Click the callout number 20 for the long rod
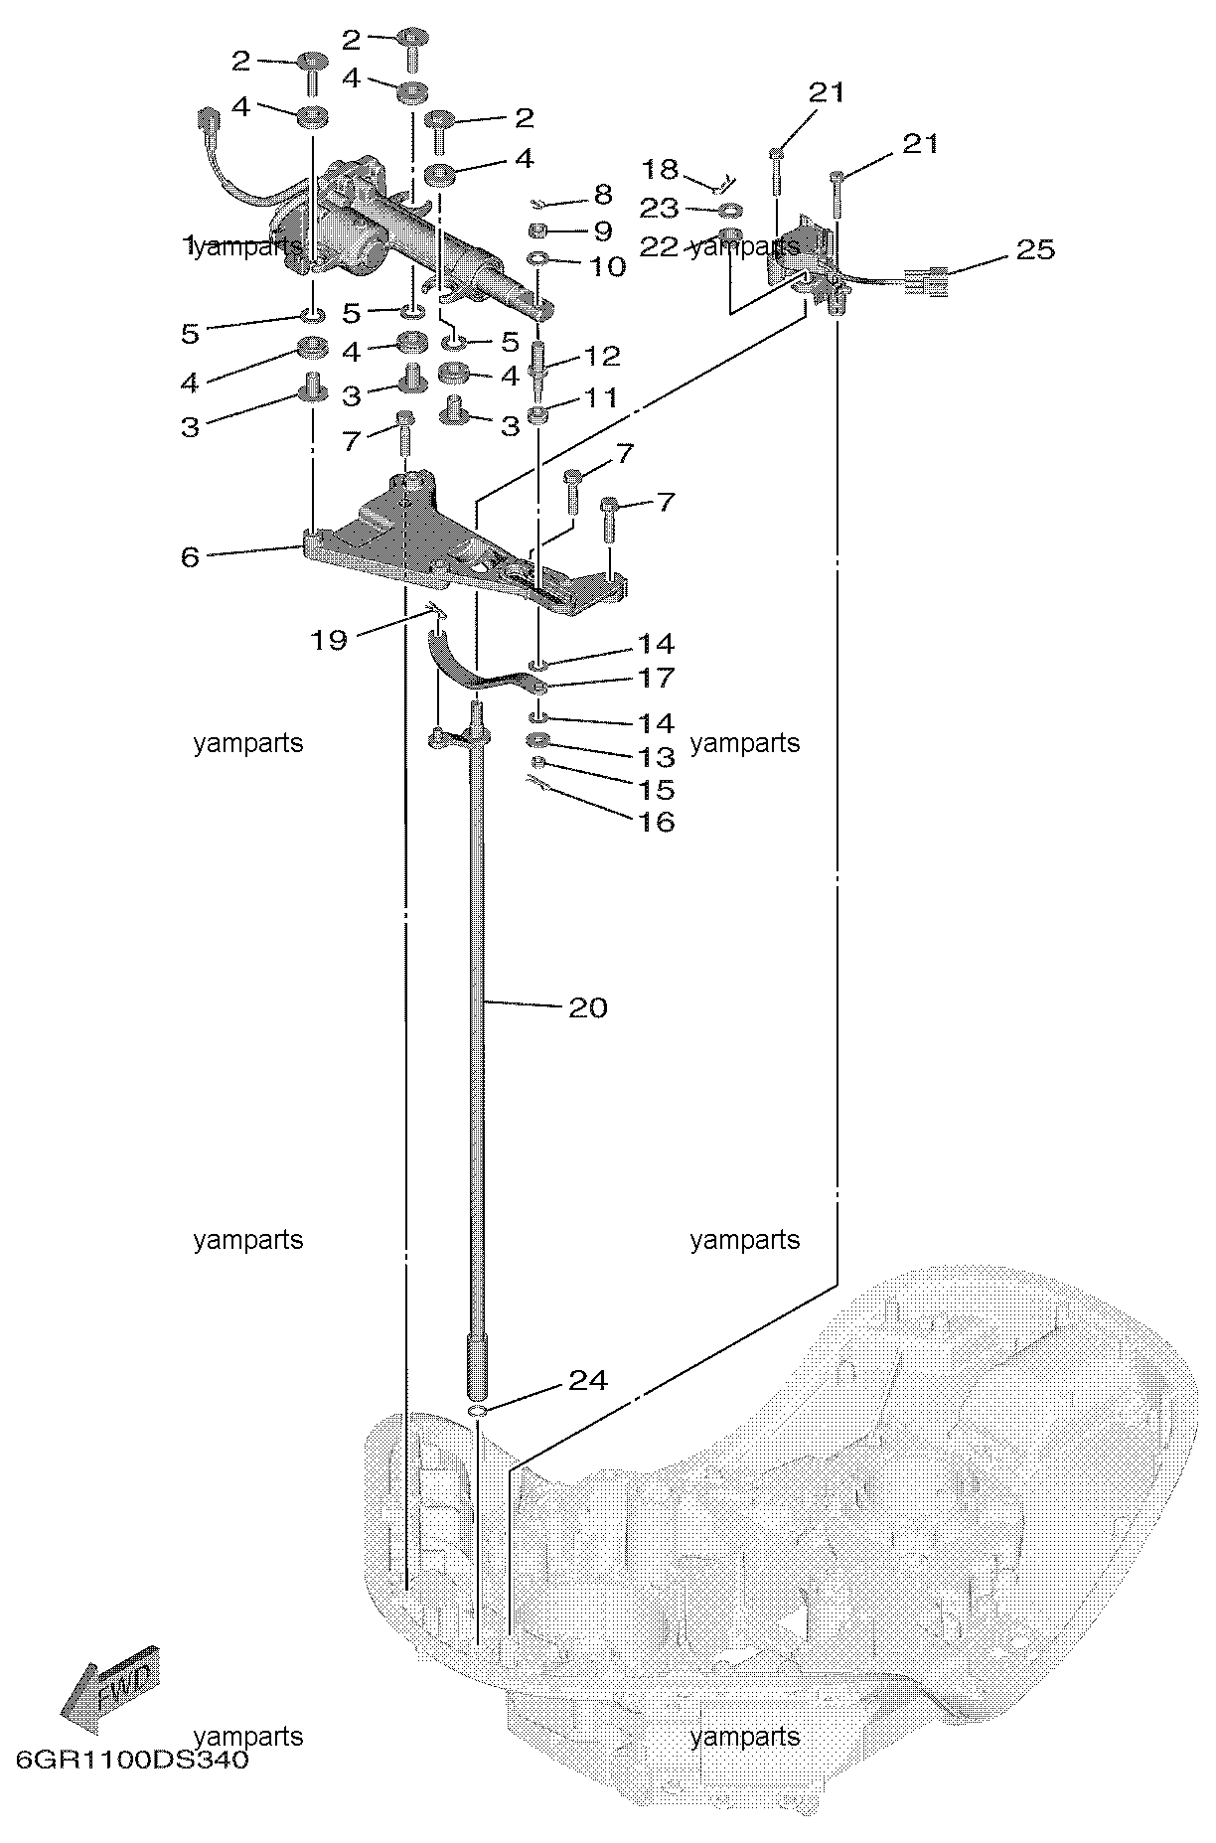[x=587, y=1007]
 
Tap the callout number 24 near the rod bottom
[x=587, y=1380]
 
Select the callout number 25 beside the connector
[x=1034, y=249]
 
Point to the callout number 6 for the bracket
[x=190, y=557]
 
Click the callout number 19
[x=329, y=639]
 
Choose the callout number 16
[x=657, y=822]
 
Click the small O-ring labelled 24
[x=478, y=1412]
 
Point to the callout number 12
[x=603, y=356]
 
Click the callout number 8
[x=603, y=195]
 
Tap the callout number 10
[x=607, y=266]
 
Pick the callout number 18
[x=659, y=169]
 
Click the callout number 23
[x=659, y=209]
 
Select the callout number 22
[x=659, y=247]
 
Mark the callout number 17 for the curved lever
[x=657, y=678]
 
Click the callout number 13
[x=657, y=757]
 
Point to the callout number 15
[x=657, y=790]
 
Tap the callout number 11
[x=601, y=397]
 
